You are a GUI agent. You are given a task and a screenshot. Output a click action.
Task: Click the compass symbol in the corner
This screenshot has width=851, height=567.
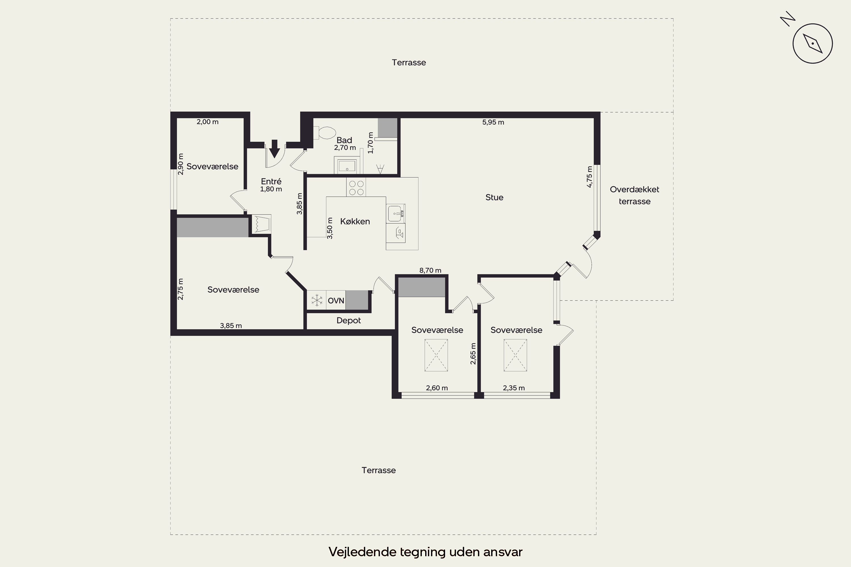(812, 43)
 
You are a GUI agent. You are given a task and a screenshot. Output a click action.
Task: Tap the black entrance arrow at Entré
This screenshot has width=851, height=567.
(275, 149)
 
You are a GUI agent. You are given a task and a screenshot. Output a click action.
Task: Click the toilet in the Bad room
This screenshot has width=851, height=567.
(325, 133)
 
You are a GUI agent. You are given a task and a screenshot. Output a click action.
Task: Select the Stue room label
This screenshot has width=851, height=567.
(494, 197)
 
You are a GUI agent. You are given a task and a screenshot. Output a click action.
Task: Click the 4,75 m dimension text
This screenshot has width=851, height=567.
(589, 177)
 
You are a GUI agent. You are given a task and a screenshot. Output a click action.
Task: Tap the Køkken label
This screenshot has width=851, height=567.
(355, 221)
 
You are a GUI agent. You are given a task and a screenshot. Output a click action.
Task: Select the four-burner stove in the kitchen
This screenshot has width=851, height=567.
(356, 187)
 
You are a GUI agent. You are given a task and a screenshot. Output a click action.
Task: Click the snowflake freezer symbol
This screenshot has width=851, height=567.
(317, 300)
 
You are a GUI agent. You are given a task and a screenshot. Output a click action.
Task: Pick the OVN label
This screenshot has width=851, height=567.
(336, 301)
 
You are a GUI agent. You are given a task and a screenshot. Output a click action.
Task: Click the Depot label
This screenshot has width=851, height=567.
(348, 320)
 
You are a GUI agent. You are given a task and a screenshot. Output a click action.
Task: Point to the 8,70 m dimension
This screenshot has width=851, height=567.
(430, 270)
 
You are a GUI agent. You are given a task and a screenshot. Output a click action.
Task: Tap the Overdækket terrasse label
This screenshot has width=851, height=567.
(635, 195)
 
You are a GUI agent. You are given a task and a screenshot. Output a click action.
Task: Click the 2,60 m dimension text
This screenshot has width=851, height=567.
(437, 388)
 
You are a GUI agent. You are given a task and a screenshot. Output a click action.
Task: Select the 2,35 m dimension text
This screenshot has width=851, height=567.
(514, 388)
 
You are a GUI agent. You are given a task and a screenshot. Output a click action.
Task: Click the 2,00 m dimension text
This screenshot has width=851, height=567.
(207, 122)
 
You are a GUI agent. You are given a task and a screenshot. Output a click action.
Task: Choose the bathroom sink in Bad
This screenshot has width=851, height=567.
(347, 166)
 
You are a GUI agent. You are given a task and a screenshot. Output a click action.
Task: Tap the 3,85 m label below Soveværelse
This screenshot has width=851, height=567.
(231, 325)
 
